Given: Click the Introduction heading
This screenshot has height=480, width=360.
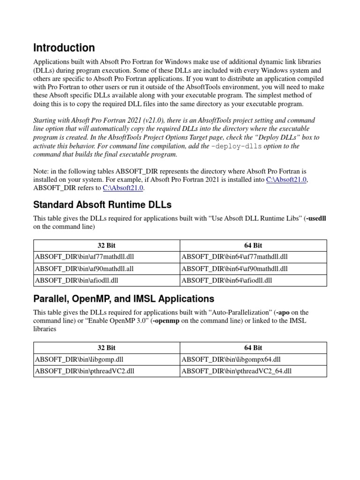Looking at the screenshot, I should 64,48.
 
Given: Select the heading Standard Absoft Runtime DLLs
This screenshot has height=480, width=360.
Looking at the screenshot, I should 102,205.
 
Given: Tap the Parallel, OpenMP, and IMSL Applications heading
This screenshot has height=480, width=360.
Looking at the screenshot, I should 124,299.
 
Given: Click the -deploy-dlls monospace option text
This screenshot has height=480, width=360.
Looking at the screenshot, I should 237,146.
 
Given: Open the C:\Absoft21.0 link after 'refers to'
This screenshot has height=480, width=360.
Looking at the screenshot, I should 123,188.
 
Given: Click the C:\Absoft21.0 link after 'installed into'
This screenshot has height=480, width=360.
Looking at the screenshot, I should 287,180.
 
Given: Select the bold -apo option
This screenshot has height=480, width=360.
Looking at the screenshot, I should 283,312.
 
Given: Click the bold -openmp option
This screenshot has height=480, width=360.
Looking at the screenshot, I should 166,321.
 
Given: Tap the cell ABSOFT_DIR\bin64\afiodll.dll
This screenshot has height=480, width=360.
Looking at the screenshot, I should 226,280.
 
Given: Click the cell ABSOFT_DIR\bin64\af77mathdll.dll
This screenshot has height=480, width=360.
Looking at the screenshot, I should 234,257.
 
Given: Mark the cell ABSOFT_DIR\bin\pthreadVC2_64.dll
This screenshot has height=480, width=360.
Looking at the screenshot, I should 236,371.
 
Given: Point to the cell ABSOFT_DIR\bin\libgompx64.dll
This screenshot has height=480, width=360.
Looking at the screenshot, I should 231,360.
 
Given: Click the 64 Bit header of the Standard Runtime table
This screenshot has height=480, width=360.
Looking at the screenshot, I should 253,245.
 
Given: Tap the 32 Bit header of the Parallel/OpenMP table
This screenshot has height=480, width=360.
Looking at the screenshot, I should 106,348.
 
